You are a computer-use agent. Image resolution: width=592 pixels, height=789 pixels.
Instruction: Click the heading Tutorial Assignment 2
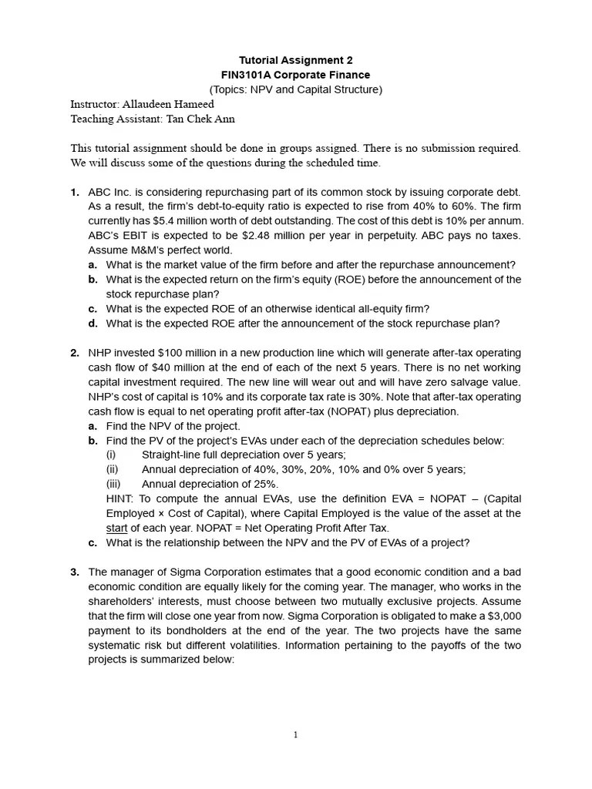coord(295,60)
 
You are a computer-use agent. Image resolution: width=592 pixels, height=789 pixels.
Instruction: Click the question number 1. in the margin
coord(75,192)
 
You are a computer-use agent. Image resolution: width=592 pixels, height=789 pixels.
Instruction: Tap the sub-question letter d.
coord(92,324)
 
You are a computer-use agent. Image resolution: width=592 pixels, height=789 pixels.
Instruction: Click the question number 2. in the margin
coord(75,353)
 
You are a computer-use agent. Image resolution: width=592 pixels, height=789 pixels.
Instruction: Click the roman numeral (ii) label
coord(113,469)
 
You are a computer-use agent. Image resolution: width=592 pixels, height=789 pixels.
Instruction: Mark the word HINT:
coord(121,499)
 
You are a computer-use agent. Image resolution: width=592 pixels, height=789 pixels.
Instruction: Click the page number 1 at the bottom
coord(295,735)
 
